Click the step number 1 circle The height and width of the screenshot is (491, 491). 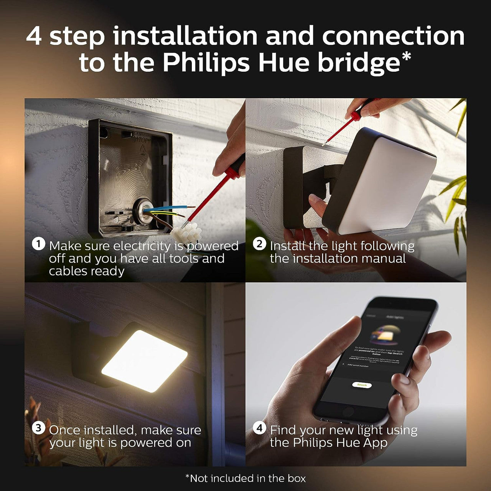click(x=38, y=244)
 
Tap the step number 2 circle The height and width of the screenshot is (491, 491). click(x=259, y=244)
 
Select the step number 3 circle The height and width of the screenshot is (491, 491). click(x=38, y=428)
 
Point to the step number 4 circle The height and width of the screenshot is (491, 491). click(x=259, y=428)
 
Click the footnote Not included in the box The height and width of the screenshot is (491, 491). click(x=245, y=478)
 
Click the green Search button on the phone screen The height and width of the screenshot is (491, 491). click(x=362, y=385)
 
